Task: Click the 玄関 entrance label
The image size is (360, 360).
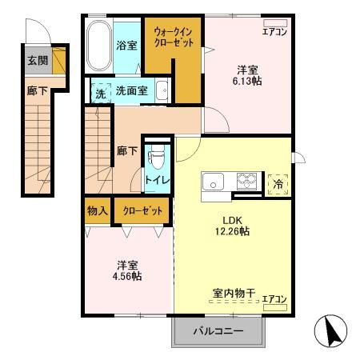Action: pyautogui.click(x=38, y=61)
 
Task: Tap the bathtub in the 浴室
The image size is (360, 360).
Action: pyautogui.click(x=99, y=46)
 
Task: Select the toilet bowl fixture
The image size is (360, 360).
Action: pyautogui.click(x=158, y=158)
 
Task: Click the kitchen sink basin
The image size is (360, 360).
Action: pyautogui.click(x=213, y=181)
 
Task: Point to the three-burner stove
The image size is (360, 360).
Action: pyautogui.click(x=246, y=182)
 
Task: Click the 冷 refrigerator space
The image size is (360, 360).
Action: pyautogui.click(x=278, y=184)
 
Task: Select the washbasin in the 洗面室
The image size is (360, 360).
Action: pyautogui.click(x=162, y=90)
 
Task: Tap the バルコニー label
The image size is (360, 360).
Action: pyautogui.click(x=218, y=331)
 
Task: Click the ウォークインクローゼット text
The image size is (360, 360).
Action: pyautogui.click(x=174, y=38)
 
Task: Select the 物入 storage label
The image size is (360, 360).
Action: pyautogui.click(x=98, y=211)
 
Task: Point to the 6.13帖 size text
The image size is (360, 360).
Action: pyautogui.click(x=247, y=81)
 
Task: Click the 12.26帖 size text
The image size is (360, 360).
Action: pyautogui.click(x=232, y=231)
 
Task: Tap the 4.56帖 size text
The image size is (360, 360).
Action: pyautogui.click(x=127, y=276)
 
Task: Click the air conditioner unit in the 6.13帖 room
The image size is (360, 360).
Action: pyautogui.click(x=275, y=23)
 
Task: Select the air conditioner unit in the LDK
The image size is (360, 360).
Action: pyautogui.click(x=275, y=307)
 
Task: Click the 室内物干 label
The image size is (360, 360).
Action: pyautogui.click(x=234, y=294)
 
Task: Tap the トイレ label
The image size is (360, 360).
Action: pyautogui.click(x=158, y=180)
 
